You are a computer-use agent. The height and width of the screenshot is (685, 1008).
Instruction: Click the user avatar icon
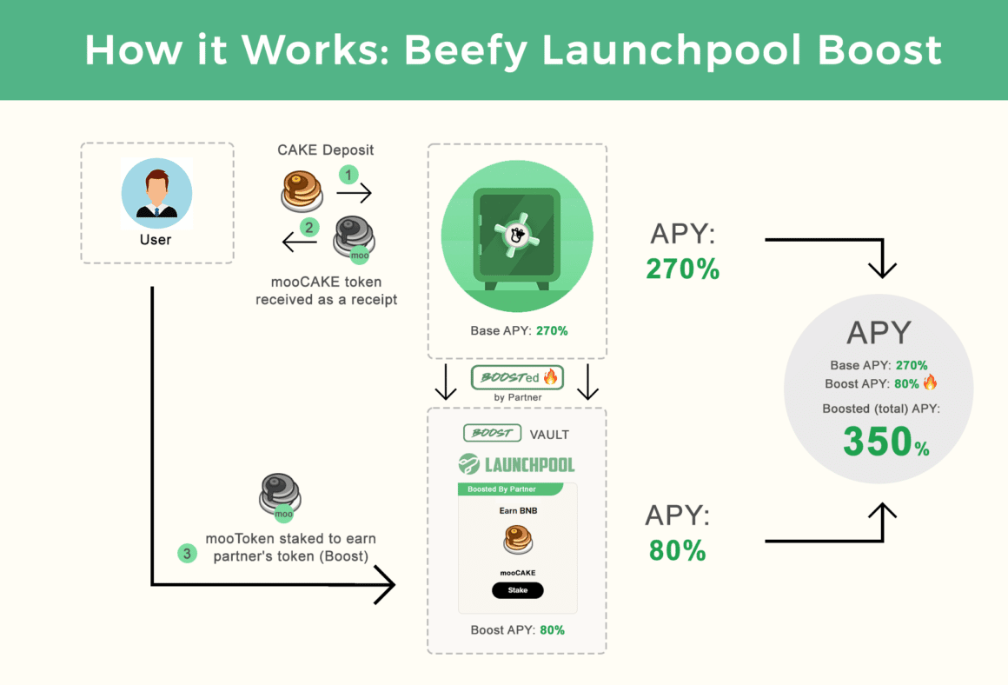(156, 192)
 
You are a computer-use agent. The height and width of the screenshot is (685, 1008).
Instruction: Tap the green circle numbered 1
(348, 175)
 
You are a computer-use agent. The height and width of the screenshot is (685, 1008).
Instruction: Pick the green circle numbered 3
(187, 553)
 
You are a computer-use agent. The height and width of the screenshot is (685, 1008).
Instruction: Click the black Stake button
(517, 590)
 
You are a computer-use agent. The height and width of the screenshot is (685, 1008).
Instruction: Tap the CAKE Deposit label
(326, 150)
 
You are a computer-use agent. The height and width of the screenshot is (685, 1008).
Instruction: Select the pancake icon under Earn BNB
(518, 541)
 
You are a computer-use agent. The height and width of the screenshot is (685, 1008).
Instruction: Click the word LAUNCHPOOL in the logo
(529, 464)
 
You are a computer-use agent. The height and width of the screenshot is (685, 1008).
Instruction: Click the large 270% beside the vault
(682, 269)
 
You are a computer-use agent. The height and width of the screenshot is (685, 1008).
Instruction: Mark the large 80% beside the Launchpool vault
(677, 550)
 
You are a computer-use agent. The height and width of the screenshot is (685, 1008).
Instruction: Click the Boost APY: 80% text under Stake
(517, 629)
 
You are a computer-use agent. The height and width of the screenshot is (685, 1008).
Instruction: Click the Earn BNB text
(517, 510)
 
